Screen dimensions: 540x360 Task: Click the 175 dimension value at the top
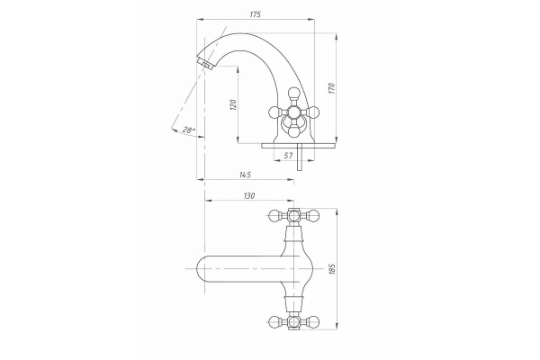[x=256, y=14]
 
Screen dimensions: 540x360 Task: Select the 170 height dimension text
[x=331, y=88]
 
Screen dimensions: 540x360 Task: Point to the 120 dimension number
[x=233, y=104]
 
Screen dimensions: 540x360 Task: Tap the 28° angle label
[x=188, y=130]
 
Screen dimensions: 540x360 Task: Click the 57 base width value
[x=288, y=156]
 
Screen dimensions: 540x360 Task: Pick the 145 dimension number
[x=245, y=175]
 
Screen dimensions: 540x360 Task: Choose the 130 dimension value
[x=249, y=196]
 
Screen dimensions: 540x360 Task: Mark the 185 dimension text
[x=332, y=269]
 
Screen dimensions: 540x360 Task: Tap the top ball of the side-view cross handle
[x=293, y=93]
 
